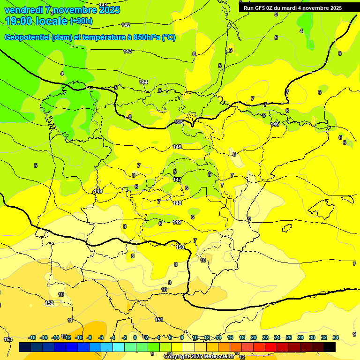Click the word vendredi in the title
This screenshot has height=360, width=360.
(23, 10)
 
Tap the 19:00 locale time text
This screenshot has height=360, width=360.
(36, 21)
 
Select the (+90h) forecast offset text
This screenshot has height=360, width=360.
(81, 21)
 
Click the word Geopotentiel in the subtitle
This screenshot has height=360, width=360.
(27, 37)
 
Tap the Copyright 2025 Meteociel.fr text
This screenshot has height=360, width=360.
(199, 357)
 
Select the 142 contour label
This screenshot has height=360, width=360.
(126, 25)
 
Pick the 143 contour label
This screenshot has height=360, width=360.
(127, 51)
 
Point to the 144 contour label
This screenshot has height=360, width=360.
(143, 82)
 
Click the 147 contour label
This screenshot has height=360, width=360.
(177, 180)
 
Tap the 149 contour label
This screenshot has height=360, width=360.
(177, 222)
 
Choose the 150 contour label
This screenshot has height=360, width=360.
(180, 247)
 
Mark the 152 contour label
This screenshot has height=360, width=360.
(49, 303)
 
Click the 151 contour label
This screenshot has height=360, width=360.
(159, 320)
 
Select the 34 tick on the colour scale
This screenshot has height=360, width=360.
(336, 337)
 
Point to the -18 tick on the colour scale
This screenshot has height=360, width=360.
(32, 337)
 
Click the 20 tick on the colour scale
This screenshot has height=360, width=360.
(253, 337)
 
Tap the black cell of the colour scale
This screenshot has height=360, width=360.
(330, 347)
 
